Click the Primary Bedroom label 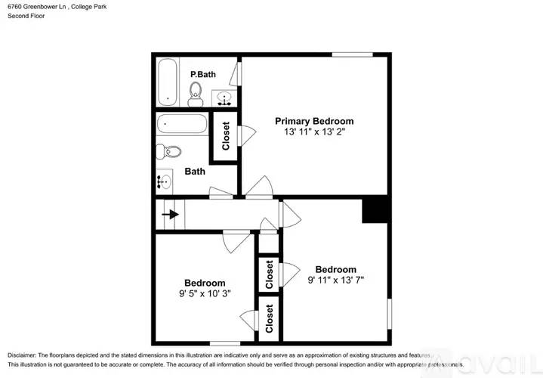314,122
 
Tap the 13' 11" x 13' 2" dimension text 314,132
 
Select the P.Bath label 203,74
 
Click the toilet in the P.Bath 196,94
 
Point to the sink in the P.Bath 224,98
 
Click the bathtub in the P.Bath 168,82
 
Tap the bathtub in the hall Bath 182,124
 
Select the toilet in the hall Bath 168,151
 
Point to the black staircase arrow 170,214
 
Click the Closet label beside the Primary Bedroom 226,136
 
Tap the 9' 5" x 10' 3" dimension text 205,294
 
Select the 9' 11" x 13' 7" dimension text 335,280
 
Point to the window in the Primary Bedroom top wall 352,54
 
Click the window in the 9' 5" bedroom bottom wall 225,343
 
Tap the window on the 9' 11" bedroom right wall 389,314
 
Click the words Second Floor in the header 26,16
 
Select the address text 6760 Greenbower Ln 37,7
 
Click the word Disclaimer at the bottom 22,355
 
